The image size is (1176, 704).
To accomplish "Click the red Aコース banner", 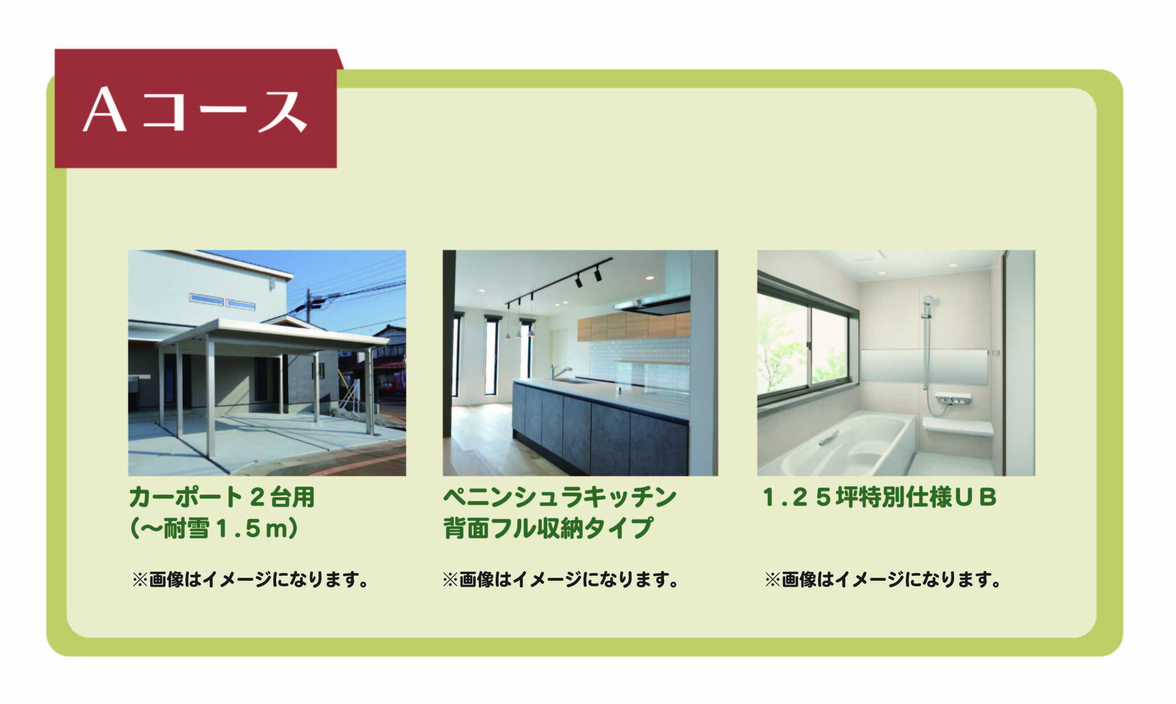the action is [x=196, y=108].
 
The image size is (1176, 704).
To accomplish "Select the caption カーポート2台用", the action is [x=222, y=497].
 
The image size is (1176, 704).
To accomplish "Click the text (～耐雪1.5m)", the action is [x=214, y=528].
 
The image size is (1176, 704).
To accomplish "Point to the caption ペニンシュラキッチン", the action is [x=560, y=497].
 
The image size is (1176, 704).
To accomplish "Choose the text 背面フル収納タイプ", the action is [x=548, y=528].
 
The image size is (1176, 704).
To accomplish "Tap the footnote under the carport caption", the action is [x=250, y=579].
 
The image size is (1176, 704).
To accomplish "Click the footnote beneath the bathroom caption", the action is [x=882, y=579].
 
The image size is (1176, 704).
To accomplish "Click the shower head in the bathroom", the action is [x=928, y=301].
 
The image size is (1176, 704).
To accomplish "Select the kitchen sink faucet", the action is [x=560, y=372].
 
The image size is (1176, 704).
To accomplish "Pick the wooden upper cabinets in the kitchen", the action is [x=634, y=327].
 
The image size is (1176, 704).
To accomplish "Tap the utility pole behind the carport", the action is [x=309, y=306].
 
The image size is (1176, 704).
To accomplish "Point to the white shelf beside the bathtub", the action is [x=958, y=427].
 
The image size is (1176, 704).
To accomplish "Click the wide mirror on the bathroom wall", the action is [x=924, y=366].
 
